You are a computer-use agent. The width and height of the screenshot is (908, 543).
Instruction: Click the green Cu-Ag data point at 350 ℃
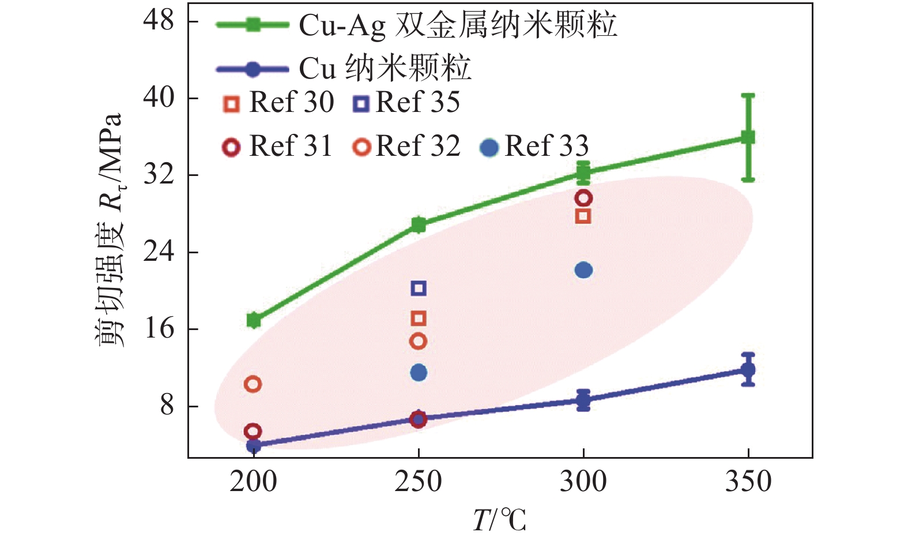pyautogui.click(x=748, y=137)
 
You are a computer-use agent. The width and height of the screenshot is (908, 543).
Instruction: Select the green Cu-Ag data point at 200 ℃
pyautogui.click(x=254, y=320)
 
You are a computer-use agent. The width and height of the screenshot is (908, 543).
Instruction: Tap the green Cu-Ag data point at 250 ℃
pyautogui.click(x=419, y=224)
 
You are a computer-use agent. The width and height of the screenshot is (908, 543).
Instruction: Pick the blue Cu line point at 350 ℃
pyautogui.click(x=748, y=370)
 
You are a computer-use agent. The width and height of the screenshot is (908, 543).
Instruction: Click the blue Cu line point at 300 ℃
pyautogui.click(x=583, y=399)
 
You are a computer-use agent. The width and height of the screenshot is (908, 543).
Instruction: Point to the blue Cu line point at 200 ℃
pyautogui.click(x=254, y=445)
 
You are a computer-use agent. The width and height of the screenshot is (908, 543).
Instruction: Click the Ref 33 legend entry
pyautogui.click(x=534, y=147)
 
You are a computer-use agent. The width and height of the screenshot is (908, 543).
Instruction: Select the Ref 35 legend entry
pyautogui.click(x=406, y=103)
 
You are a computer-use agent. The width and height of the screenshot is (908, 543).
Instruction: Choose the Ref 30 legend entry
pyautogui.click(x=279, y=103)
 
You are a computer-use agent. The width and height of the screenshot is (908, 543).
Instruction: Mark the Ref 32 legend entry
pyautogui.click(x=406, y=147)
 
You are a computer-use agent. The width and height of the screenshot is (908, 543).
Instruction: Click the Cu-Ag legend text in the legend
pyautogui.click(x=458, y=25)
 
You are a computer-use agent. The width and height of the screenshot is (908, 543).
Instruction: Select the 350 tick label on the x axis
pyautogui.click(x=748, y=482)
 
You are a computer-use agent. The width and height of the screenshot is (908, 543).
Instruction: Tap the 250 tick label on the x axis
pyautogui.click(x=419, y=482)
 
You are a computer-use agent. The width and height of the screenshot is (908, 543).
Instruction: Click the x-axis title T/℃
pyautogui.click(x=499, y=520)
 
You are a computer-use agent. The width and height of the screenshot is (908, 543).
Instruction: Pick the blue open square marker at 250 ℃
pyautogui.click(x=419, y=288)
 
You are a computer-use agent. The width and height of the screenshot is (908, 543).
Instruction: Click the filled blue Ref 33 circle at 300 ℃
pyautogui.click(x=583, y=270)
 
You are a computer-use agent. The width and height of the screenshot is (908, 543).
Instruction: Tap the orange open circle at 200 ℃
pyautogui.click(x=253, y=384)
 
